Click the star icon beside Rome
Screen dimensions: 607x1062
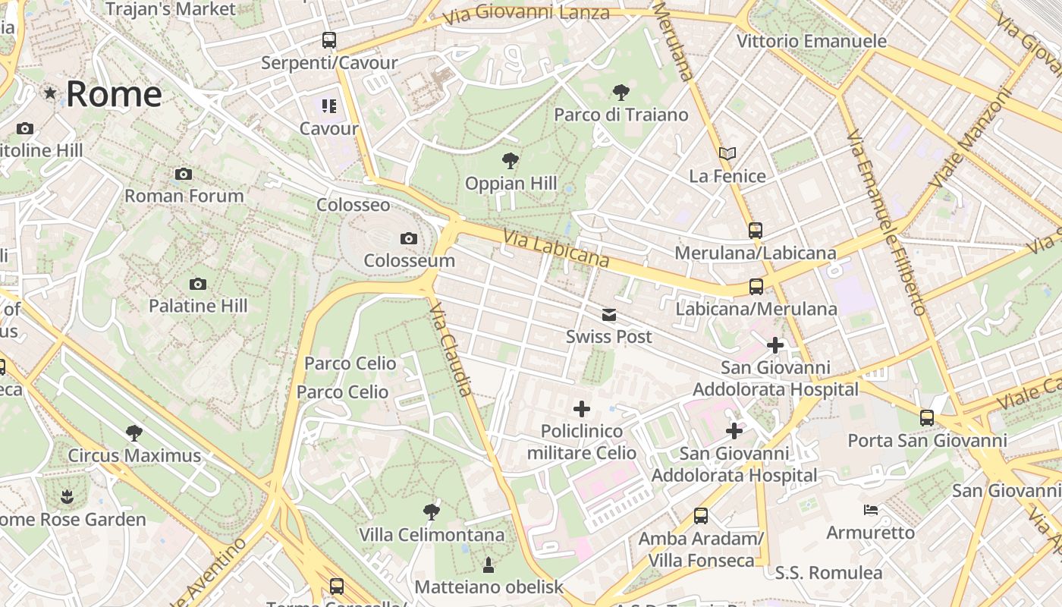click(x=50, y=93)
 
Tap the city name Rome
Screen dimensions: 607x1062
click(x=114, y=94)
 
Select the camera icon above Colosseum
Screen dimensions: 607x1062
click(x=409, y=239)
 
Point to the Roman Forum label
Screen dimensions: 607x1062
click(x=184, y=196)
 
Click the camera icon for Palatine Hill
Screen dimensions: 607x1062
click(x=198, y=285)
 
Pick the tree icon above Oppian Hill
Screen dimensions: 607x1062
click(x=511, y=161)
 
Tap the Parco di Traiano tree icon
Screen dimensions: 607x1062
click(x=621, y=93)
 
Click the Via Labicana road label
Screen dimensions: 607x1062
click(x=555, y=249)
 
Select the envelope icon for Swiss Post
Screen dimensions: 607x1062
click(x=608, y=315)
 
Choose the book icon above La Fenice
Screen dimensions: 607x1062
click(x=727, y=154)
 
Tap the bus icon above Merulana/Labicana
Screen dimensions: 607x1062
click(x=755, y=231)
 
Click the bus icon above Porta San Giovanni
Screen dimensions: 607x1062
click(x=926, y=418)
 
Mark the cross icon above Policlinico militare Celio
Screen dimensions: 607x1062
click(x=582, y=410)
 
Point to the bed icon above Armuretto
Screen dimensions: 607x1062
click(x=871, y=510)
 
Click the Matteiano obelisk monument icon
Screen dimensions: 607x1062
click(x=489, y=565)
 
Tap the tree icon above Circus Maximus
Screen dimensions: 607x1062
click(x=134, y=433)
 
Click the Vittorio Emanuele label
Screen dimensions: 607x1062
click(x=811, y=41)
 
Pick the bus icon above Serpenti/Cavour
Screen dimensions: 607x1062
click(x=328, y=40)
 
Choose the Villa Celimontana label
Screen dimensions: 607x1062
click(x=432, y=535)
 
